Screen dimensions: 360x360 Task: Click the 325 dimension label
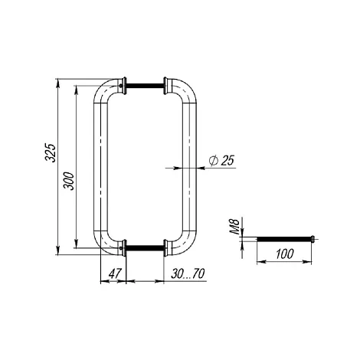(x=51, y=153)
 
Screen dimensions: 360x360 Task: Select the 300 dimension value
(x=69, y=181)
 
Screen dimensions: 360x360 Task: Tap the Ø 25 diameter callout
(x=221, y=160)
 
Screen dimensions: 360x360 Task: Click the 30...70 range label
(x=188, y=273)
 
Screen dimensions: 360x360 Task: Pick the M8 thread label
(x=234, y=227)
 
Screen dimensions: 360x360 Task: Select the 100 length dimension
(x=285, y=254)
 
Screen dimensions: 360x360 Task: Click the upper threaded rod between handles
(x=145, y=86)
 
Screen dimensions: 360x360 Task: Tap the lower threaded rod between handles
(x=145, y=247)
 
